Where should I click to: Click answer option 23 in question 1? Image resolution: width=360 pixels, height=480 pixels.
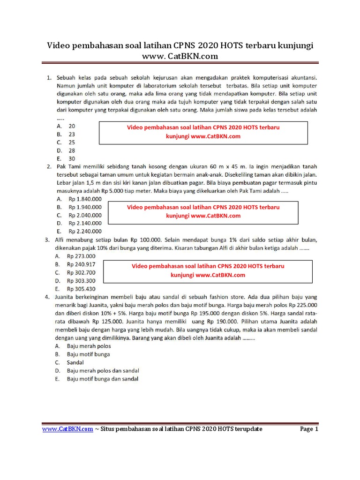tap(71, 134)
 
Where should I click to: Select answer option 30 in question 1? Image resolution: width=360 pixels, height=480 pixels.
tap(71, 158)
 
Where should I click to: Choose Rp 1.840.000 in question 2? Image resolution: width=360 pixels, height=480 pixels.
tap(84, 199)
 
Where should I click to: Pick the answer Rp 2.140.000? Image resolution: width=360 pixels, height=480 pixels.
tap(84, 223)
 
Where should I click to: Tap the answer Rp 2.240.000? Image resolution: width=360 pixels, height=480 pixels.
tap(84, 231)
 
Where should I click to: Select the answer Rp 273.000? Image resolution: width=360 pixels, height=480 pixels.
tap(81, 256)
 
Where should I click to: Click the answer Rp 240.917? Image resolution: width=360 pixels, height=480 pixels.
tap(81, 264)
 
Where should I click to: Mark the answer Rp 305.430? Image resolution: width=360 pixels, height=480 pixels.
tap(81, 289)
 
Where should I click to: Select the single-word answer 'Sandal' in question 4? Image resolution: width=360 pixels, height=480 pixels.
tap(75, 362)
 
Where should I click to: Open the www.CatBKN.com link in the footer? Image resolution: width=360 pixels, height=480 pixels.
tap(67, 429)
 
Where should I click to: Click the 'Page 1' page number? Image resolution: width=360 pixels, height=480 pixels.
tap(309, 429)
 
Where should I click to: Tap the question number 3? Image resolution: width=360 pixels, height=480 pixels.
tap(47, 240)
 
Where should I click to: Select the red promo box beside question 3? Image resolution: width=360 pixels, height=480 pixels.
tap(208, 271)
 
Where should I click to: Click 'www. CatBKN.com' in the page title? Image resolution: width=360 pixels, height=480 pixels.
tap(180, 56)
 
